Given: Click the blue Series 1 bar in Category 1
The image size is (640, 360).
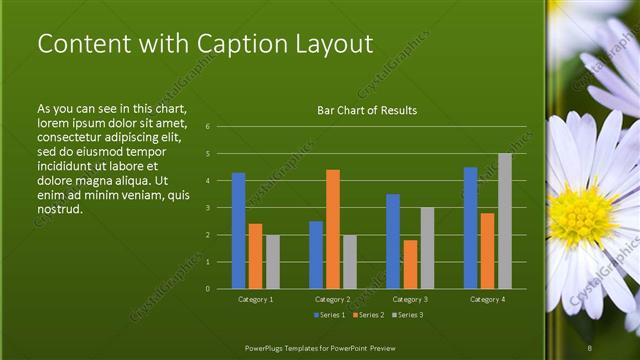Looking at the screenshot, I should (239, 231).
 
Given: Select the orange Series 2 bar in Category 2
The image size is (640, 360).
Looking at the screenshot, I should (333, 229).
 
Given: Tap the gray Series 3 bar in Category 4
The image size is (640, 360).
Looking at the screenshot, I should (504, 221).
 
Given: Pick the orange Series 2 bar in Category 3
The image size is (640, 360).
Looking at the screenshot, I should (410, 264).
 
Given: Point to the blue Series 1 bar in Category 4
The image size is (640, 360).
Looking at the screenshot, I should (470, 228).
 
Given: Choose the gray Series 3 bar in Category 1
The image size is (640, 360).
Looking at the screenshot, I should (273, 262).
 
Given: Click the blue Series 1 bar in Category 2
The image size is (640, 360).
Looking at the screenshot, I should (316, 255).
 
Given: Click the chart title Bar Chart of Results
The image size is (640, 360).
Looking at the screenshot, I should (367, 110).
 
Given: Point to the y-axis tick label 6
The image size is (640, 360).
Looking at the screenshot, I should (206, 127).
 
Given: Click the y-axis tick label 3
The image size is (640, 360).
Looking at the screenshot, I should (206, 208).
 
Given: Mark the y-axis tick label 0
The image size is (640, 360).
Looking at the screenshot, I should (206, 289).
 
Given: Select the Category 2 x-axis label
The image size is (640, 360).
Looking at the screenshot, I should (333, 299).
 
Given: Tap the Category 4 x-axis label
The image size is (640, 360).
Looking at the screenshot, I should (487, 299).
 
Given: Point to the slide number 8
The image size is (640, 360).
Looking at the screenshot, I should (590, 347).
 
